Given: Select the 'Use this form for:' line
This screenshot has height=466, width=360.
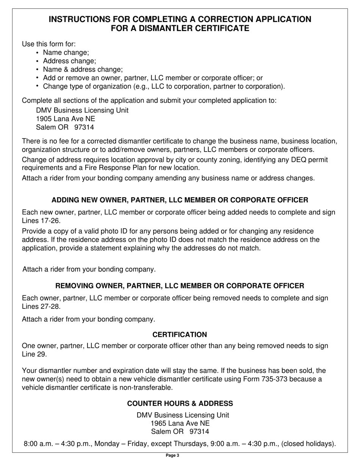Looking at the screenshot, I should pos(49,44).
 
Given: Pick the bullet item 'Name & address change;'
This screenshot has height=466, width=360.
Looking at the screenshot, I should pos(83,69).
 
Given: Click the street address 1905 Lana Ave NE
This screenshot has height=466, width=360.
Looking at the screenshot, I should pos(66,119).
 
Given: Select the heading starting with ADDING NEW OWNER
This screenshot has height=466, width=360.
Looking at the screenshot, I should pos(180,200).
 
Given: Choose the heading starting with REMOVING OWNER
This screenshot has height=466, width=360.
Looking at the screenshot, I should pos(180,286).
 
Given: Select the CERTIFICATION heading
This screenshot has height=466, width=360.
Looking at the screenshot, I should pos(180,335).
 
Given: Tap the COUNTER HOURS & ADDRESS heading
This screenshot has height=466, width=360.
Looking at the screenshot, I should pos(180,404).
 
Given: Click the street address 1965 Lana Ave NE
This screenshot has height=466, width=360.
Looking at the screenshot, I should pos(180,424).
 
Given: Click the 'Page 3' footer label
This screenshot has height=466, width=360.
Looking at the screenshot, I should pos(172,456).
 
